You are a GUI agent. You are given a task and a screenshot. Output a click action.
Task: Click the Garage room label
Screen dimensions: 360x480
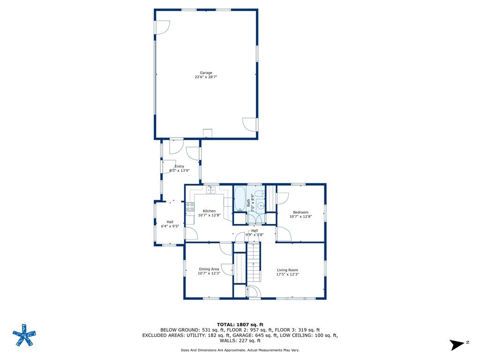pyautogui.click(x=206, y=73)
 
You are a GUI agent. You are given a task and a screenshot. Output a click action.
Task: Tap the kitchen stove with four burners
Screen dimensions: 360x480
pyautogui.click(x=190, y=206)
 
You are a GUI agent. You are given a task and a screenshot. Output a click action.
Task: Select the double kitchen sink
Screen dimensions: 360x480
pyautogui.click(x=210, y=189)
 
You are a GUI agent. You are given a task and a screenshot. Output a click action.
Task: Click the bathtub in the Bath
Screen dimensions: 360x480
pyautogui.click(x=239, y=199)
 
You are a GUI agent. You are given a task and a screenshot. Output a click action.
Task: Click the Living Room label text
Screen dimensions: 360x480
pyautogui.click(x=287, y=270)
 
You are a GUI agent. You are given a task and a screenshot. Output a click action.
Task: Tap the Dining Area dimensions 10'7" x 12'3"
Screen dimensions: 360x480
pyautogui.click(x=209, y=273)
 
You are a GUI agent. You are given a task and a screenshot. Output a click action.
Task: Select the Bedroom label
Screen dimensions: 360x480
pyautogui.click(x=300, y=212)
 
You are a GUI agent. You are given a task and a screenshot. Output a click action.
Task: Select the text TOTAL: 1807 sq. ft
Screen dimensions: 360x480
pyautogui.click(x=240, y=324)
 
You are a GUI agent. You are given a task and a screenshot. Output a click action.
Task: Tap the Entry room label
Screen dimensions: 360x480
pyautogui.click(x=179, y=166)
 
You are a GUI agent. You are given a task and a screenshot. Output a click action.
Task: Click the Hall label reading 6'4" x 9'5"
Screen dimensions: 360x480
pyautogui.click(x=170, y=226)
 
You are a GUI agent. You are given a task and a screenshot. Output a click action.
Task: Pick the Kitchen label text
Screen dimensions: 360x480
pyautogui.click(x=209, y=211)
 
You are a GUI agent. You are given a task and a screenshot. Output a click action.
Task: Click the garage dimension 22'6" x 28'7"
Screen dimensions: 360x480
pyautogui.click(x=206, y=77)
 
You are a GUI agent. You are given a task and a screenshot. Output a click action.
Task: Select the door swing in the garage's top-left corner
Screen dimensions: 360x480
pyautogui.click(x=162, y=27)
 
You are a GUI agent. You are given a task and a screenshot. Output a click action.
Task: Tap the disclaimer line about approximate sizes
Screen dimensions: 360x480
pyautogui.click(x=240, y=350)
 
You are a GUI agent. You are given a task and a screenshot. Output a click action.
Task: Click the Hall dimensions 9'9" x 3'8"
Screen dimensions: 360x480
pyautogui.click(x=255, y=234)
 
